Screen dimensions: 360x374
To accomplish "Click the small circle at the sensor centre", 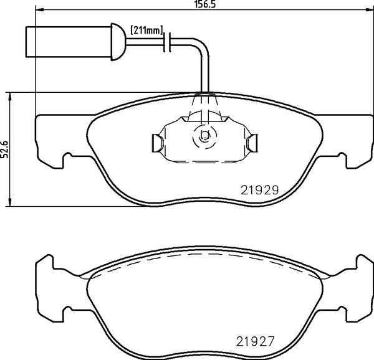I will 203,136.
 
